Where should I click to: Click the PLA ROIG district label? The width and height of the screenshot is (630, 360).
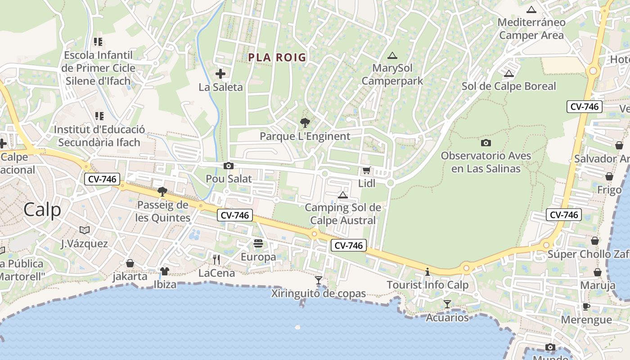tap(277, 57)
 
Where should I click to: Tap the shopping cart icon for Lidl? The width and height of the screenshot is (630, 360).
tap(366, 171)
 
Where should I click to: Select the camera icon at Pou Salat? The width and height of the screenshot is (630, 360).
tap(229, 166)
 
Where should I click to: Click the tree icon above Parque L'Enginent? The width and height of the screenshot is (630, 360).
tap(305, 122)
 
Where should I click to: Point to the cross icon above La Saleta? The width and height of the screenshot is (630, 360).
tap(220, 74)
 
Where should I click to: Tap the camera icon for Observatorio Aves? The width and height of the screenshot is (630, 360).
tap(486, 143)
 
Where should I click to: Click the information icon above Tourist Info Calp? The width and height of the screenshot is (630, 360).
tap(427, 272)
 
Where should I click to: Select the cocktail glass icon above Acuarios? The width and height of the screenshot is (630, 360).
tap(447, 304)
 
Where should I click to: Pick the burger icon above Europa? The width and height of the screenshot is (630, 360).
tap(258, 243)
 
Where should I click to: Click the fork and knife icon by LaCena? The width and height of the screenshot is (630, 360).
tap(216, 259)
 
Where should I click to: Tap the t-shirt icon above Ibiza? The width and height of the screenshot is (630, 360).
tap(165, 271)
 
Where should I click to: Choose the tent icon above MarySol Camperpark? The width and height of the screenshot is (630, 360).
tap(392, 56)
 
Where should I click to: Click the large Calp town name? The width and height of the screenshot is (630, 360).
tap(42, 210)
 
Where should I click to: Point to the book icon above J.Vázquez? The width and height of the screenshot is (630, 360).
tap(85, 230)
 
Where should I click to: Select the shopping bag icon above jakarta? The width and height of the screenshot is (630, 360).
tap(130, 263)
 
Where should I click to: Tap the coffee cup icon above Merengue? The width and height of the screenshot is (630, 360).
tap(586, 306)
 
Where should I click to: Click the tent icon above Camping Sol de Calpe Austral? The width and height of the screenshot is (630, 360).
tap(343, 195)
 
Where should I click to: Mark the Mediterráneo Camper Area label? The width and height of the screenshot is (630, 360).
tap(531, 28)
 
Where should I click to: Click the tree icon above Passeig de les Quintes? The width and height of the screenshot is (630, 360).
tap(162, 192)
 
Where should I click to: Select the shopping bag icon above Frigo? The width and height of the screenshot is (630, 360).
tap(609, 176)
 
